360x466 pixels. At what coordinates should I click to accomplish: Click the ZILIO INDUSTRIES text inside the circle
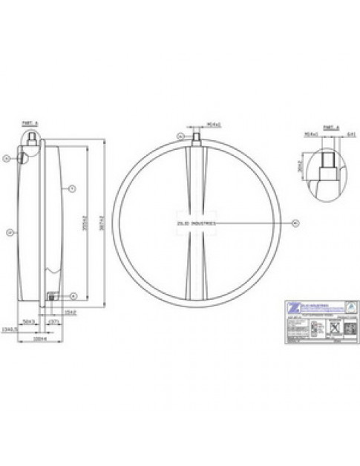pyautogui.click(x=196, y=222)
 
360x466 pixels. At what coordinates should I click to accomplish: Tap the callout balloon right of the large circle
pyautogui.click(x=294, y=222)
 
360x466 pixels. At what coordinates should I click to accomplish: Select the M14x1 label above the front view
pyautogui.click(x=196, y=125)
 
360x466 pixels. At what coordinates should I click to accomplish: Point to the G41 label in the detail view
pyautogui.click(x=333, y=134)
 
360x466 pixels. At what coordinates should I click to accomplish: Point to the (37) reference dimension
pyautogui.click(x=53, y=321)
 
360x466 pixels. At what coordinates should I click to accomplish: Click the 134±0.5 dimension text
pyautogui.click(x=10, y=330)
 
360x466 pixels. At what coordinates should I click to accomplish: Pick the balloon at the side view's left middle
pyautogui.click(x=9, y=232)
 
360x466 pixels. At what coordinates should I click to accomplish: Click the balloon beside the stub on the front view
pyautogui.click(x=180, y=136)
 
